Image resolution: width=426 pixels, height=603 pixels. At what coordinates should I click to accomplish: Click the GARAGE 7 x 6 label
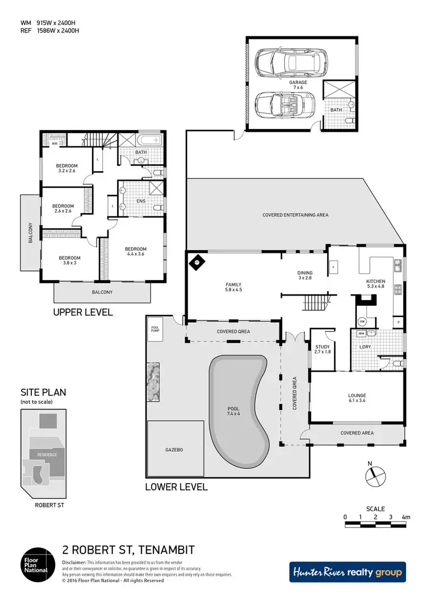[298, 85]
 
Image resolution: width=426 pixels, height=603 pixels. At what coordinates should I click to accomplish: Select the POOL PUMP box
[156, 330]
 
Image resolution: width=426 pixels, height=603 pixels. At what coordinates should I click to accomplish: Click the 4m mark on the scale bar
[406, 517]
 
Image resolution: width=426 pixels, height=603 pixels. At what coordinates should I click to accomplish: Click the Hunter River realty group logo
[347, 572]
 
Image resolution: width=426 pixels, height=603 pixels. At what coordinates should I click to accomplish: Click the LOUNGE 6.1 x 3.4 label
[357, 398]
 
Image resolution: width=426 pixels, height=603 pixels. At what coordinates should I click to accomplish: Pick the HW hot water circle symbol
[362, 321]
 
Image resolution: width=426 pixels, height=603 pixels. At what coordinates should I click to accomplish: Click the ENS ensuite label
[142, 201]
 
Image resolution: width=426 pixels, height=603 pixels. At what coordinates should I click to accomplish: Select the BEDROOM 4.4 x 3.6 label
[136, 252]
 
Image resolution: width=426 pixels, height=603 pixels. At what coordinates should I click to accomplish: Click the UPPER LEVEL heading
[82, 312]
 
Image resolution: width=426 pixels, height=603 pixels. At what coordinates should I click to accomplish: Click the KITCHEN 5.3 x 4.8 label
[375, 284]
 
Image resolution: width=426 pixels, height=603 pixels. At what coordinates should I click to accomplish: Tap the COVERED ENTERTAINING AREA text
[295, 215]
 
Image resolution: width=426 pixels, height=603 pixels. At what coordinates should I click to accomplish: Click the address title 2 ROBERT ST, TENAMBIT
[128, 550]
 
